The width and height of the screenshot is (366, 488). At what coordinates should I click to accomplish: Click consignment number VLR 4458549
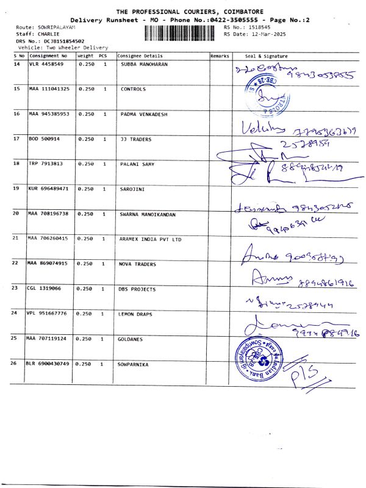tap(46, 64)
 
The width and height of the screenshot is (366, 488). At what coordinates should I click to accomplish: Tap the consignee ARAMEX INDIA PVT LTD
tap(151, 239)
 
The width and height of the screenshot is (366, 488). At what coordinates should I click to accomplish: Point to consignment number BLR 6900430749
tap(49, 364)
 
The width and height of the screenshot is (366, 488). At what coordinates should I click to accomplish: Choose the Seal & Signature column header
tap(266, 56)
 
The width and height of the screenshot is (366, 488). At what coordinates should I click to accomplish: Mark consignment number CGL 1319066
tap(45, 289)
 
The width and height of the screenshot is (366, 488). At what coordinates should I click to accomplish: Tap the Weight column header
tap(85, 56)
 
